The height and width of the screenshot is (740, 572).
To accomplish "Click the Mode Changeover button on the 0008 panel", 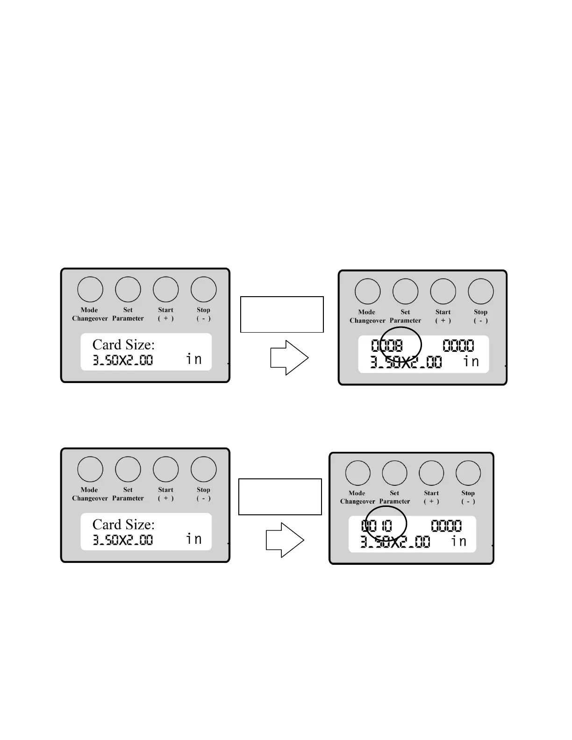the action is point(368,291).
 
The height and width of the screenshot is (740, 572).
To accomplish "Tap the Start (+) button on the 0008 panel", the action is point(443,291).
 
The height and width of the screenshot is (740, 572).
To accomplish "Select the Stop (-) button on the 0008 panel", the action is point(481,291).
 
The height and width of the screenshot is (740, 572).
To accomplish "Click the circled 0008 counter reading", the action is point(387,346).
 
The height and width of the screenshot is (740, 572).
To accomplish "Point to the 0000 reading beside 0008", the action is point(458,346).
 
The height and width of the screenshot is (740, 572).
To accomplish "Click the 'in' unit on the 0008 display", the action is point(471,361).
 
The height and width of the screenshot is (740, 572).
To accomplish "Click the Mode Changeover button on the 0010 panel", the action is point(358,473).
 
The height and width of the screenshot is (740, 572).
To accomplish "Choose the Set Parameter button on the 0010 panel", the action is point(394,473).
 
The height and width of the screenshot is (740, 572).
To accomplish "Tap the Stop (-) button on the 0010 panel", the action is point(468,473).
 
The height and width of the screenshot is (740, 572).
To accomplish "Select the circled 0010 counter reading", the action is point(377,526).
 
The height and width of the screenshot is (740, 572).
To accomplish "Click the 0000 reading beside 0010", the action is point(446,526).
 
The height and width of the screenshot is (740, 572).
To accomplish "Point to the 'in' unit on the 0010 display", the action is point(459,541).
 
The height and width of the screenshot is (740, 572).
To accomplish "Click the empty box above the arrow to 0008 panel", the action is point(282,314).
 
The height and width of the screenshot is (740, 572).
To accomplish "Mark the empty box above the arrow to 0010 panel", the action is point(280,497).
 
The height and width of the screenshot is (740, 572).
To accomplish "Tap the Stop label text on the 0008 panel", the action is point(480,312).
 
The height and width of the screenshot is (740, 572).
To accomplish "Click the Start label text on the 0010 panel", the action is point(431,493).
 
